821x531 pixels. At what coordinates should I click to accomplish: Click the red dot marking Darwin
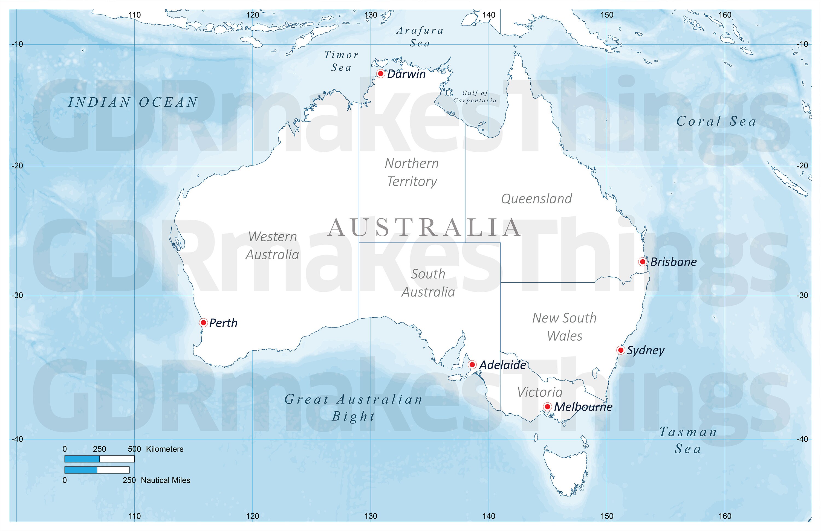380,73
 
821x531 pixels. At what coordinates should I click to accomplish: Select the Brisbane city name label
673,262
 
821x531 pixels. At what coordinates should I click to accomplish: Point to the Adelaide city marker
472,365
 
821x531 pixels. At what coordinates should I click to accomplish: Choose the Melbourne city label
583,407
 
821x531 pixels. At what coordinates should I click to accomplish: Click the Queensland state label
536,199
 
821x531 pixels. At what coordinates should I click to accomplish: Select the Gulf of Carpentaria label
475,97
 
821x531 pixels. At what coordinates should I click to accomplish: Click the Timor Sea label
342,61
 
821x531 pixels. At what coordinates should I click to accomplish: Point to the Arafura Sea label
420,37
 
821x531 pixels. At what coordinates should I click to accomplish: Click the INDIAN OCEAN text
133,102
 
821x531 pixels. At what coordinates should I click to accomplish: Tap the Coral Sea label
716,121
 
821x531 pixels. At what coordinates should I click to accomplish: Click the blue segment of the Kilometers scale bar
82,459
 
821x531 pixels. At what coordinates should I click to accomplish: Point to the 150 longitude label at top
607,15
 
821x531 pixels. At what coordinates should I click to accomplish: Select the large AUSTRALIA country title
424,228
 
